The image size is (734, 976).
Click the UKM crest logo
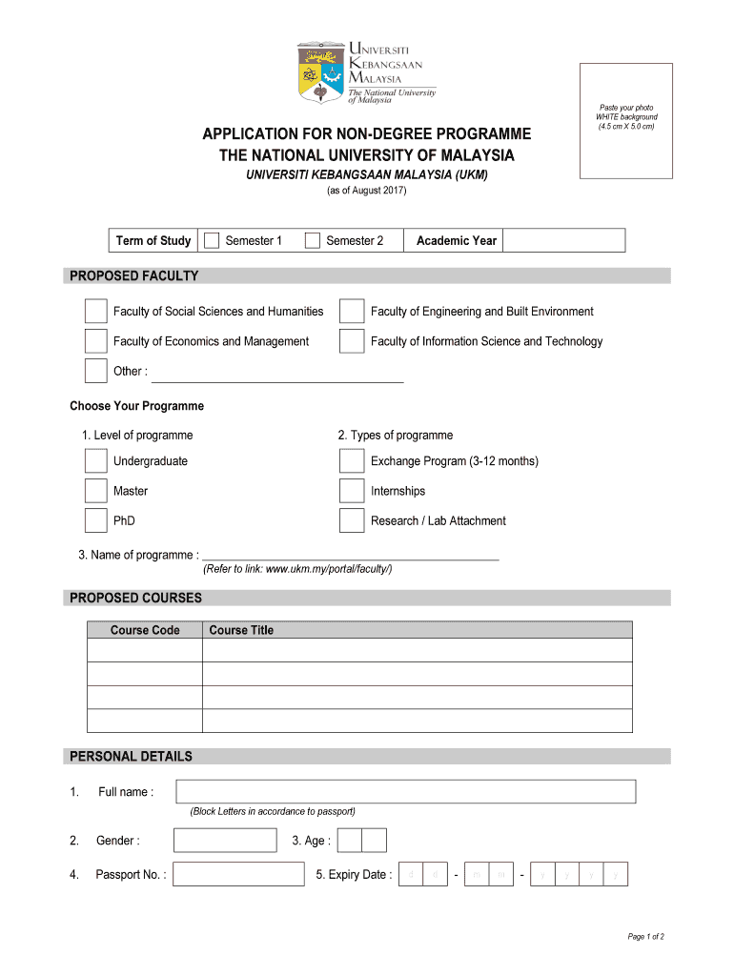click(320, 71)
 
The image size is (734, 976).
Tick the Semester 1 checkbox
click(212, 240)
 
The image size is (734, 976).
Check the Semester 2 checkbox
click(312, 240)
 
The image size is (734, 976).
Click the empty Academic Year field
click(563, 240)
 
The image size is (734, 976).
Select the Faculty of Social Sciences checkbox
click(95, 312)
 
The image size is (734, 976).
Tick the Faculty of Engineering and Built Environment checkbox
click(352, 312)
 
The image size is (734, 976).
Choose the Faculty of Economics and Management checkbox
click(95, 341)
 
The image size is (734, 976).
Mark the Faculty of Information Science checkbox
click(352, 341)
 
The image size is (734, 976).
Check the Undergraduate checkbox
click(95, 461)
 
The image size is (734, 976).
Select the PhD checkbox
click(95, 520)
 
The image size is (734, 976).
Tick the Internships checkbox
click(352, 491)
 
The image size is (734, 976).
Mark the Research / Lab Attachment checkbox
click(352, 520)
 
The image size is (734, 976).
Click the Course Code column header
click(145, 630)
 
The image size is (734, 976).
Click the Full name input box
click(405, 791)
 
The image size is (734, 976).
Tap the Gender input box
click(225, 840)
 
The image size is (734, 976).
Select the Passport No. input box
click(238, 874)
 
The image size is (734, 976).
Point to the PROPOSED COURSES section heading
click(133, 598)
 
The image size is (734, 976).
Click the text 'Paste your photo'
click(626, 108)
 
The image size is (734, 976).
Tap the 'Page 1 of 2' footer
click(645, 936)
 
